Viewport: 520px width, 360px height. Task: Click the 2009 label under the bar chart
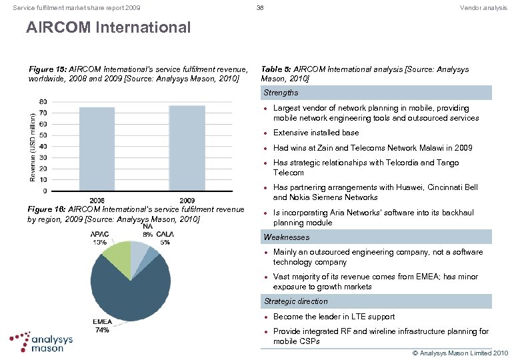click(187, 200)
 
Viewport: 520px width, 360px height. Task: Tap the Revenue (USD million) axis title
click(33, 146)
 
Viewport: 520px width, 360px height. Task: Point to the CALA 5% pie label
click(165, 238)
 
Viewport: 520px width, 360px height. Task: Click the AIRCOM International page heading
click(108, 28)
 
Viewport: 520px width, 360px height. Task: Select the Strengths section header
click(281, 93)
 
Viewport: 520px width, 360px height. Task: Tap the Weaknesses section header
click(287, 237)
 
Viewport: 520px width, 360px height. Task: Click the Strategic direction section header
click(296, 301)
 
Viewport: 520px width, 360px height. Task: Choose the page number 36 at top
click(261, 8)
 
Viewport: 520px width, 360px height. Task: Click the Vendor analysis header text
click(483, 8)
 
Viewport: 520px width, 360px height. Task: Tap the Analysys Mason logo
click(41, 341)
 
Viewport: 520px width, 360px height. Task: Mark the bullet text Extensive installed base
click(316, 133)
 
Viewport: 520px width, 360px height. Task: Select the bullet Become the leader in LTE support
click(334, 317)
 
